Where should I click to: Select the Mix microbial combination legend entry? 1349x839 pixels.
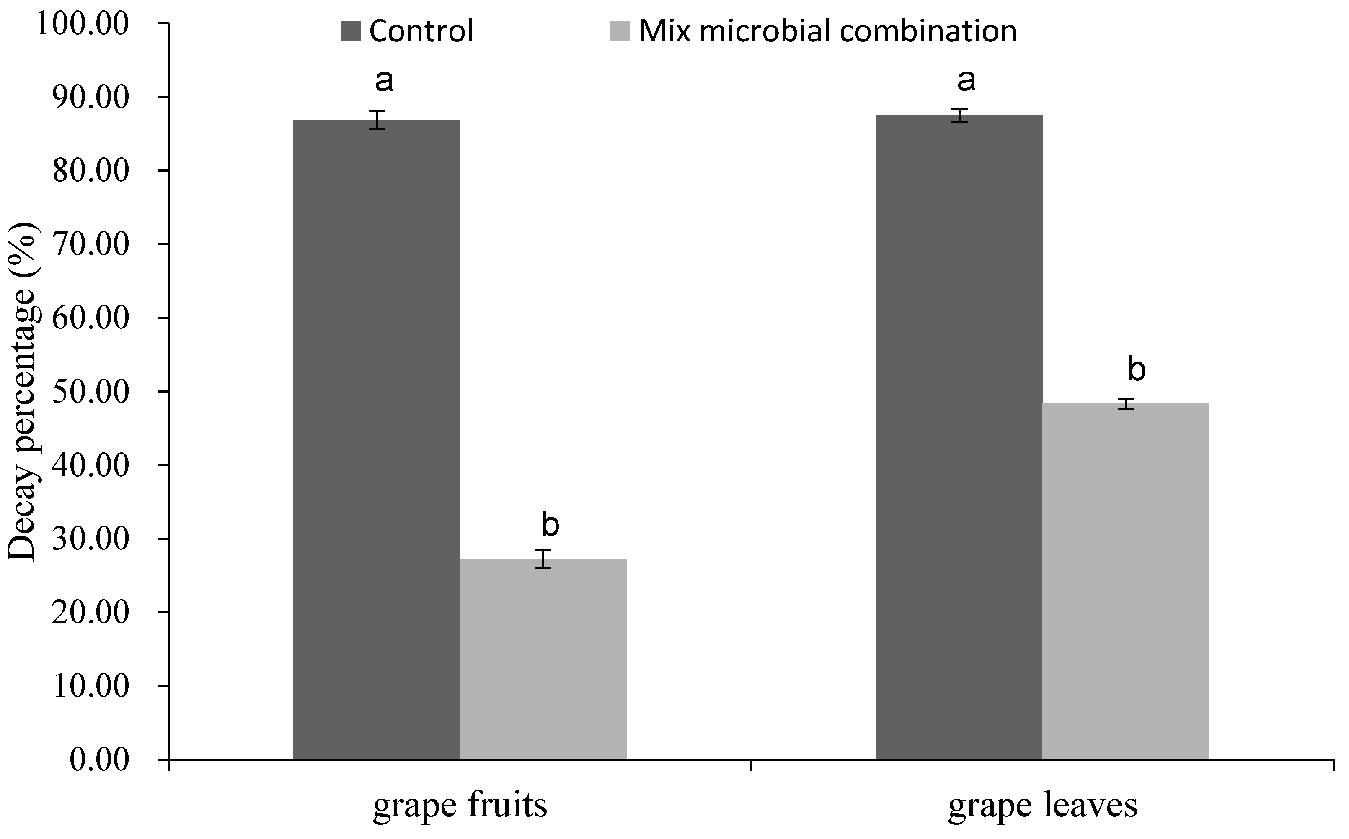(814, 31)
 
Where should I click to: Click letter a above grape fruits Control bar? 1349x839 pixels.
(384, 81)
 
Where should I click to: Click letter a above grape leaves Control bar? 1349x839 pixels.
(967, 81)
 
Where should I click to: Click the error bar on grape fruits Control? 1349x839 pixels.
(377, 120)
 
